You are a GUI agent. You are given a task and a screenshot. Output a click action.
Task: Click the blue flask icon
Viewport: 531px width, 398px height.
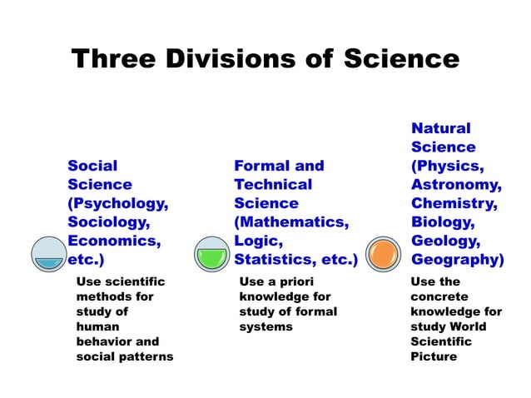49,253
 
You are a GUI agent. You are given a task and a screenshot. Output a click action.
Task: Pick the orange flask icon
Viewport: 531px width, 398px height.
385,253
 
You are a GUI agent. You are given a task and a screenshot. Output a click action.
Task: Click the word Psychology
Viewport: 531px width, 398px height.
120,204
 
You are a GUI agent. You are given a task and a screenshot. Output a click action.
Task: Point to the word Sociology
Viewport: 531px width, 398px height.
109,223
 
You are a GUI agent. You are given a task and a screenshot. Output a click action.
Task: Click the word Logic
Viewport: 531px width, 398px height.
257,242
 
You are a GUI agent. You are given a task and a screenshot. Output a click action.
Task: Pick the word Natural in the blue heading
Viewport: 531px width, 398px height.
440,128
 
